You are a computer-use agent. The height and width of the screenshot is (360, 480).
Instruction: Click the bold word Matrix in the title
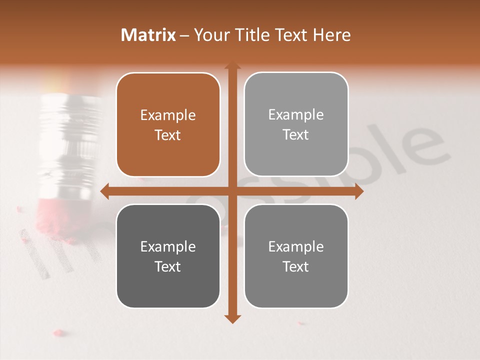[148, 35]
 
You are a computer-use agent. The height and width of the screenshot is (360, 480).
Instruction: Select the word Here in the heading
[331, 35]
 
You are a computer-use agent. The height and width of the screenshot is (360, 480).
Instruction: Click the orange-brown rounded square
[168, 125]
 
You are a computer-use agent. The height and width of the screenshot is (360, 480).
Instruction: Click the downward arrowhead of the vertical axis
[232, 319]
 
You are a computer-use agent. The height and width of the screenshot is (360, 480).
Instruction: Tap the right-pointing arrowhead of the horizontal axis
[359, 191]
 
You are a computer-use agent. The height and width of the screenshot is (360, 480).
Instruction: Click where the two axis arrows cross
[232, 191]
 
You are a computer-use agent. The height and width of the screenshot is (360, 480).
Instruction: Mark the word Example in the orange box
[168, 115]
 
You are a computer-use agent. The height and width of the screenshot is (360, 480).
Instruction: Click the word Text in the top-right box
[296, 135]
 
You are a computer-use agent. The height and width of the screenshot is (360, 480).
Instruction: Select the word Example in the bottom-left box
[168, 247]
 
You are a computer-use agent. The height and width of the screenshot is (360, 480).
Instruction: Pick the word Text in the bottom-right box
[296, 266]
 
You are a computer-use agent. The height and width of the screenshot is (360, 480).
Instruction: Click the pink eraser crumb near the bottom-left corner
[58, 332]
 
